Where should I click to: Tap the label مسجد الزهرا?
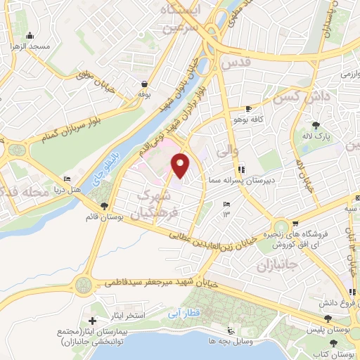point(30,46)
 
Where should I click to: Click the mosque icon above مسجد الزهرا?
point(30,36)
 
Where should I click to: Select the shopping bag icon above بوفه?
point(143,84)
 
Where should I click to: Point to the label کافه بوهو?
point(249,120)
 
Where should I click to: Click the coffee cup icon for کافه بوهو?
point(248,109)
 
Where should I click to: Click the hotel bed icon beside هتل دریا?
point(67,179)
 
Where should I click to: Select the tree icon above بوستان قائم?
point(105,205)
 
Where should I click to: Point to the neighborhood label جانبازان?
point(273,267)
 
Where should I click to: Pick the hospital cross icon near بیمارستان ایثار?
point(92,321)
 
